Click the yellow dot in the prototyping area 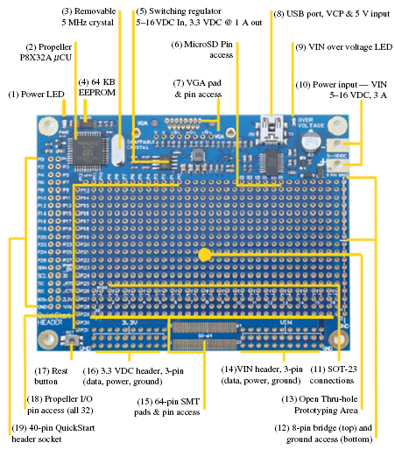tap(203, 255)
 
